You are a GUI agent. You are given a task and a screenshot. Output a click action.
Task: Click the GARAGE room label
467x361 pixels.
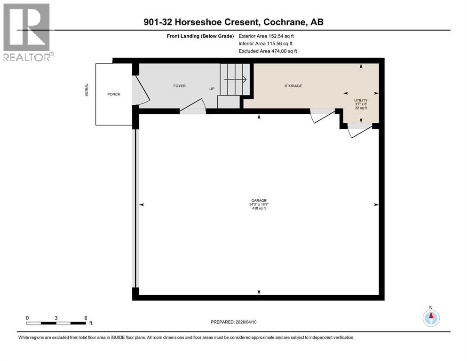[x=259, y=200]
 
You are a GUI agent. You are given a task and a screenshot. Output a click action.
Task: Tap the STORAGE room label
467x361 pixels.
[x=293, y=86]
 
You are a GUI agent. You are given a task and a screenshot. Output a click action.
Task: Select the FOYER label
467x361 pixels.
[x=179, y=86]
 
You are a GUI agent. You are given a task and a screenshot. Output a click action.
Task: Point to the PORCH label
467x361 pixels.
[x=114, y=94]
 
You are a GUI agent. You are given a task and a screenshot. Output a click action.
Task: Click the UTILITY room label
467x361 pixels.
[x=361, y=100]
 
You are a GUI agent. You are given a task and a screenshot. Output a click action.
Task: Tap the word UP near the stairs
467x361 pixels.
[x=212, y=89]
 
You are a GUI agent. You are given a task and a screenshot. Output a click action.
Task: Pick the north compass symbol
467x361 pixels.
[x=431, y=317]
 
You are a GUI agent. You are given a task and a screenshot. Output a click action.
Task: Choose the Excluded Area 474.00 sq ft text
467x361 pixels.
[x=268, y=51]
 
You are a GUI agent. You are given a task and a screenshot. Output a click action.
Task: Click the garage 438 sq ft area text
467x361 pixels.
[x=259, y=208]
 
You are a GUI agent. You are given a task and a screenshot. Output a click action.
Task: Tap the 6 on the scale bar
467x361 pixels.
[x=86, y=318]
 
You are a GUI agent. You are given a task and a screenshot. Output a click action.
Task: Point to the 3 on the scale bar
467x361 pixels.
[x=56, y=318]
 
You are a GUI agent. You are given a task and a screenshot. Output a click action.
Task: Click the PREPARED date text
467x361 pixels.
[x=233, y=322]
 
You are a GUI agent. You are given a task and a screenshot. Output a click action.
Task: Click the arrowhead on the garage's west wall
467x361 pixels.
[x=142, y=204]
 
